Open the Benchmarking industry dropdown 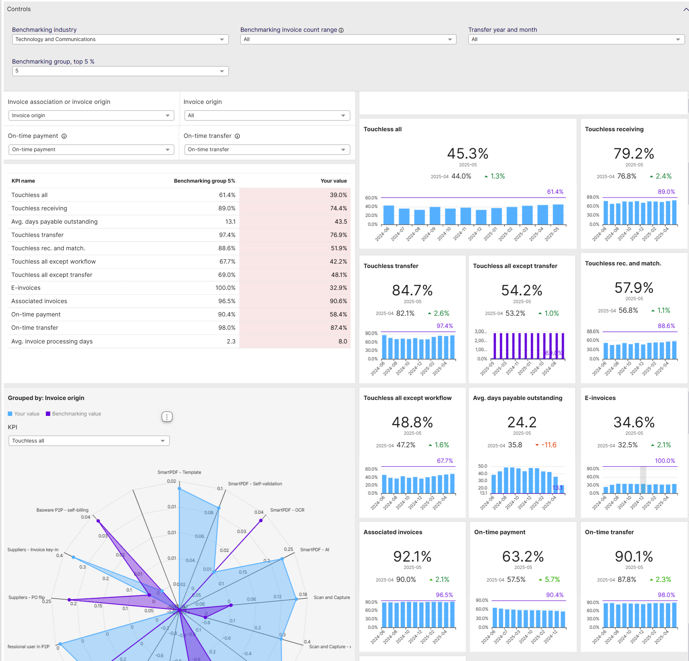coord(120,39)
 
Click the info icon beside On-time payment coord(64,136)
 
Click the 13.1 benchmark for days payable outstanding coord(557,488)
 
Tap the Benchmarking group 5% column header coord(204,181)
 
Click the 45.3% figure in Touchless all coord(468,153)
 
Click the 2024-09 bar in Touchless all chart coord(435,216)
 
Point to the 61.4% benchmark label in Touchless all coord(555,191)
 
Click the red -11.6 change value coord(549,445)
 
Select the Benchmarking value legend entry coord(76,414)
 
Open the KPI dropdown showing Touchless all coord(89,441)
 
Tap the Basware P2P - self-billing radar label coord(62,510)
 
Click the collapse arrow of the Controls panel coord(686,10)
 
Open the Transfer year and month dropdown coord(576,39)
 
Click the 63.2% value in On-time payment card coord(523,556)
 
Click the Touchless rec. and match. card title coord(623,263)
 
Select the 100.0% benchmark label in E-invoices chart coord(665,461)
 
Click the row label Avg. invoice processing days coord(52,341)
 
